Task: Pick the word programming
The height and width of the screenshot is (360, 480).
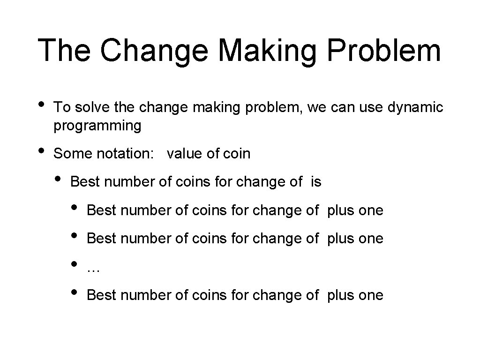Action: click(x=97, y=126)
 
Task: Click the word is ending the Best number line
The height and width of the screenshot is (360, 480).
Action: click(x=316, y=182)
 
